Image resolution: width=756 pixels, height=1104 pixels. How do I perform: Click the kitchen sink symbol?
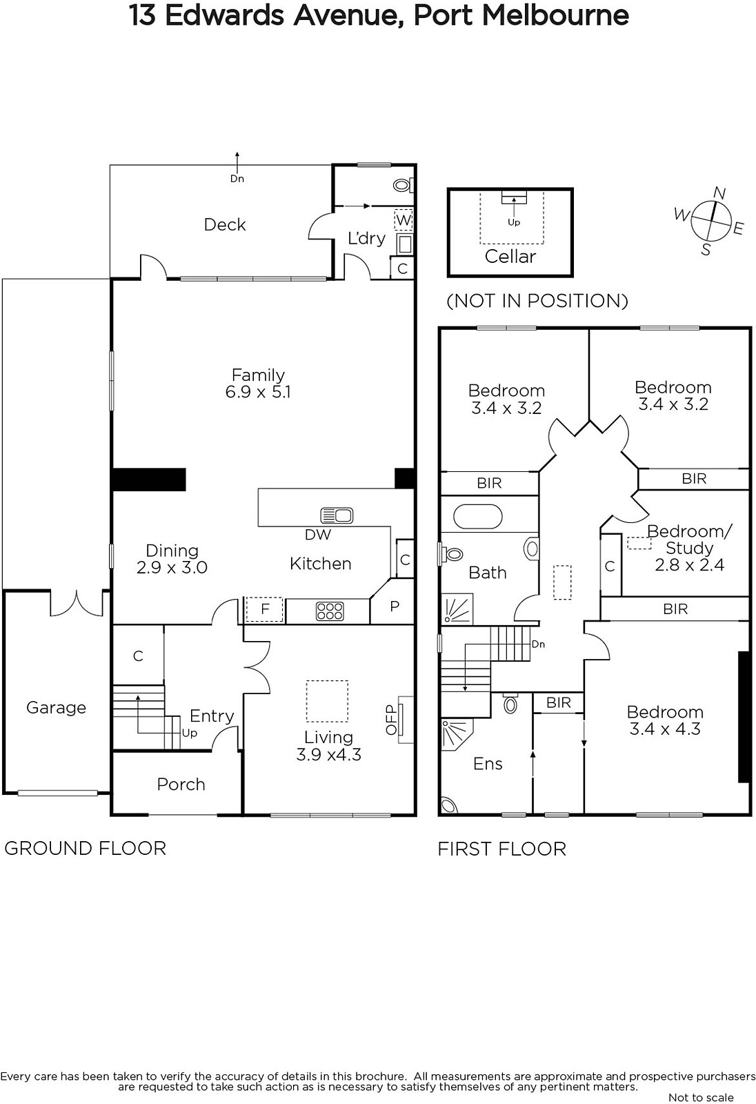point(337,515)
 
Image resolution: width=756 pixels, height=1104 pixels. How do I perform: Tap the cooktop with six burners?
point(330,611)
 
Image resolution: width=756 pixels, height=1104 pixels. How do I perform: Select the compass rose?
point(710,221)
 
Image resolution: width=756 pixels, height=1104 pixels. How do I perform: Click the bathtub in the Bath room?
point(477,517)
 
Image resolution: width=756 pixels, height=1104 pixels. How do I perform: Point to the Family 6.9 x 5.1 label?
point(258,383)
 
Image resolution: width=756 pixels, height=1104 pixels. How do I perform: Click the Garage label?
point(56,708)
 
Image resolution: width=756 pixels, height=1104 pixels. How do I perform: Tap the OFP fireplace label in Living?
point(391,720)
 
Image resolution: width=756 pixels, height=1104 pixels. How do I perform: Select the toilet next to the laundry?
point(403,186)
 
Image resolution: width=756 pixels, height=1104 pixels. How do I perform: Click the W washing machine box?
point(404,220)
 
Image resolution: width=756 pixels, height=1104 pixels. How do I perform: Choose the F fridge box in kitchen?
point(265,610)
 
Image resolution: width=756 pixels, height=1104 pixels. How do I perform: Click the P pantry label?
point(395,607)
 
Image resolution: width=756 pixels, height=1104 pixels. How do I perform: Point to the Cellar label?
point(510,256)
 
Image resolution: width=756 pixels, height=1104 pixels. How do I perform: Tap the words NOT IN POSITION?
point(537,301)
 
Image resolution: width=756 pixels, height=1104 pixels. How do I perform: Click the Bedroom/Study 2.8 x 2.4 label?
point(690,548)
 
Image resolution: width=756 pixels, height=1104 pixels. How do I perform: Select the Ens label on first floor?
point(488,763)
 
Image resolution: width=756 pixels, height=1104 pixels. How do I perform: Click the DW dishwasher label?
point(318,534)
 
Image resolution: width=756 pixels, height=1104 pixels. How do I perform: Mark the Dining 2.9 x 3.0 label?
point(172,558)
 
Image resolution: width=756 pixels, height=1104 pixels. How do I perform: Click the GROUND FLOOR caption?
point(86,848)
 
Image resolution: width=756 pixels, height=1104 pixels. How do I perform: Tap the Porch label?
point(181,784)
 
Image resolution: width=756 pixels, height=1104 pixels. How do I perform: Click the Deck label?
point(225,225)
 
